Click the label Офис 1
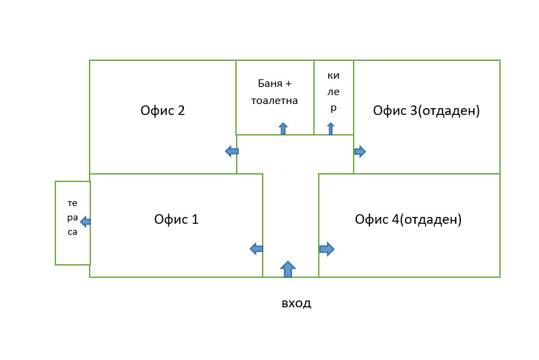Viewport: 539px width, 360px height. (176, 220)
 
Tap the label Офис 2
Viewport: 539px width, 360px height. (163, 110)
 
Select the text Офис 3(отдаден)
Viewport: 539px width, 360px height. (426, 111)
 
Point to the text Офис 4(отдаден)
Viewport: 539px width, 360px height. (408, 220)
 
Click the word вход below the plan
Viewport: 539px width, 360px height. (296, 304)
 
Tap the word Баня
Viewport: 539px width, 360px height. (270, 83)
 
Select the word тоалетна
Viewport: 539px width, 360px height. (274, 101)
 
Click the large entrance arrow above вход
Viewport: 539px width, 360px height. (288, 269)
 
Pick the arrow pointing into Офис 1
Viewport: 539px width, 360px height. (257, 248)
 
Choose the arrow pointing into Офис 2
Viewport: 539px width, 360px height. (232, 151)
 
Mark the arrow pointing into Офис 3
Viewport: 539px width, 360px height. (360, 151)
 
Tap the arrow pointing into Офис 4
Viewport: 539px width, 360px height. (326, 249)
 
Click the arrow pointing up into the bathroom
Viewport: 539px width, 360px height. (283, 129)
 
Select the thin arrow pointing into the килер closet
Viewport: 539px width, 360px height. (330, 129)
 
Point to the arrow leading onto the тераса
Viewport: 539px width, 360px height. (86, 222)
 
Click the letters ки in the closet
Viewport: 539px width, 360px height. (333, 76)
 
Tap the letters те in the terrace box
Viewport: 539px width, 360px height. (73, 203)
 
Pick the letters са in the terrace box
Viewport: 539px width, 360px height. (73, 232)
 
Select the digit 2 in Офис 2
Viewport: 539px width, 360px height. (181, 110)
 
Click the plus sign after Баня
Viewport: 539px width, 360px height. (288, 84)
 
